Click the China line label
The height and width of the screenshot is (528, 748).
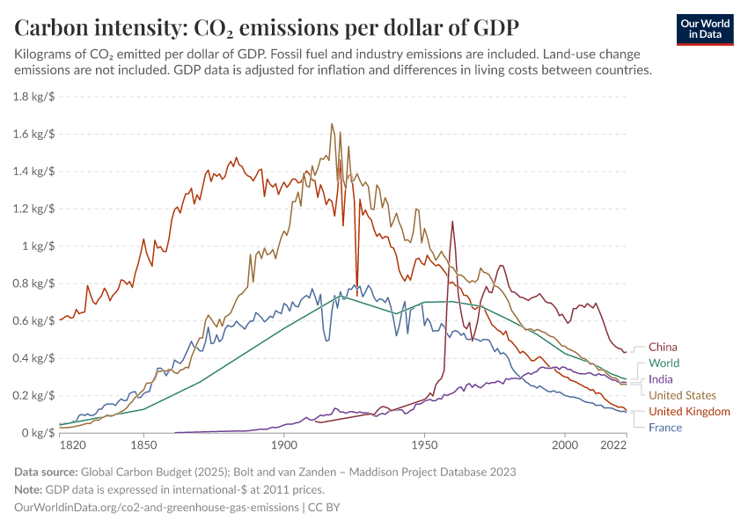point(664,347)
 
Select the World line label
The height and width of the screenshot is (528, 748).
point(664,363)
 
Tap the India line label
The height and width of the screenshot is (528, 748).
point(661,379)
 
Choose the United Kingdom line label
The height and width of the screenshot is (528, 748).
point(689,412)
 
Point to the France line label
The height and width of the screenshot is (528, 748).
point(664,428)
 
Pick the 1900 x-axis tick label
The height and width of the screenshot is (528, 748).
point(283,446)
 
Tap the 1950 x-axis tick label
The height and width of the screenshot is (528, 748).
point(425,446)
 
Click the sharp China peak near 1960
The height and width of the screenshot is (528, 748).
point(452,222)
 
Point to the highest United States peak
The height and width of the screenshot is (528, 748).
point(332,124)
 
